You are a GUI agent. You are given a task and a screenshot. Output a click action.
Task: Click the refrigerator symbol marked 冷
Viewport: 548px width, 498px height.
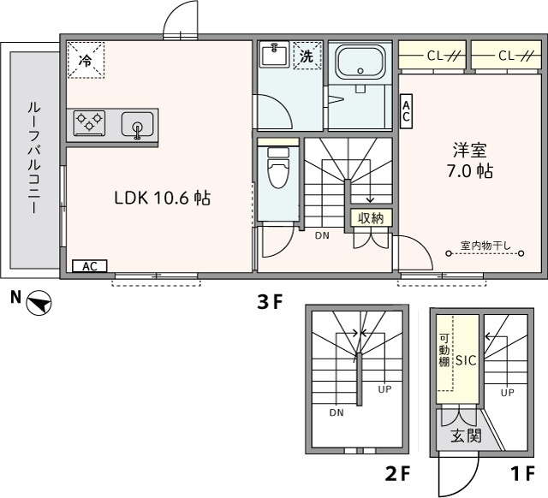coord(85,60)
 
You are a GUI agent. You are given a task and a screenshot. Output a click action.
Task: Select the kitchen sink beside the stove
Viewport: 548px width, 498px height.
coord(137,126)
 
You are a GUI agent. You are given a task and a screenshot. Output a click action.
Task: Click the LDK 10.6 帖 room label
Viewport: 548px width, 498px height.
coord(163,199)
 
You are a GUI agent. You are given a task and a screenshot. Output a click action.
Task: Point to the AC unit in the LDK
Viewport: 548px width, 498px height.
coord(89,266)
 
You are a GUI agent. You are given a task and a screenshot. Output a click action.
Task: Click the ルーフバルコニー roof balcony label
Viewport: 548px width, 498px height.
coord(35,158)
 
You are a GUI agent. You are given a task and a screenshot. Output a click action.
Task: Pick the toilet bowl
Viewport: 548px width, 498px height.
coord(278,169)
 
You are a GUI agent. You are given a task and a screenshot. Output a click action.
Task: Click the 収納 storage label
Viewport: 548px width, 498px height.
coord(370,217)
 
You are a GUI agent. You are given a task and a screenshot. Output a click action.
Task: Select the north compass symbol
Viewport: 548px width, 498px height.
coord(39,302)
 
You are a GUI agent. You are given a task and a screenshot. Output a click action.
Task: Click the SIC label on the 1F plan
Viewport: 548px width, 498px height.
coord(465,360)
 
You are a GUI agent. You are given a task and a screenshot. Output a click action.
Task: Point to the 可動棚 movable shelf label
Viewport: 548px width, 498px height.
coord(444,350)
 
